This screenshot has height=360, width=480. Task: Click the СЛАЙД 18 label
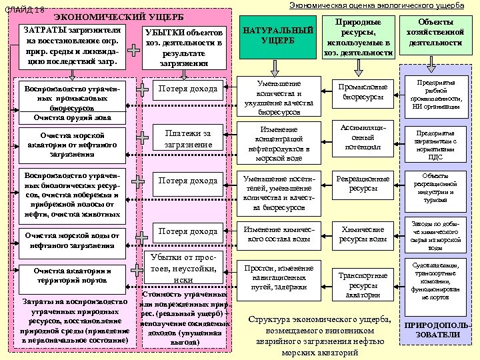tap(25, 9)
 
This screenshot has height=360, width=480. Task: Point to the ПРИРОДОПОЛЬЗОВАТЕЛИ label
tap(437, 330)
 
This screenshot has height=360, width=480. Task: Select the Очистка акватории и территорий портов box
tap(71, 276)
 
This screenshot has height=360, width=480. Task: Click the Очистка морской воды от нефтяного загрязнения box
tap(71, 240)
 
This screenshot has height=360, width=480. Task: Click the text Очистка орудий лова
tap(71, 117)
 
